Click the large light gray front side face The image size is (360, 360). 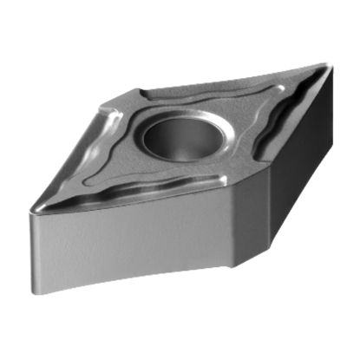(x=130, y=252)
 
